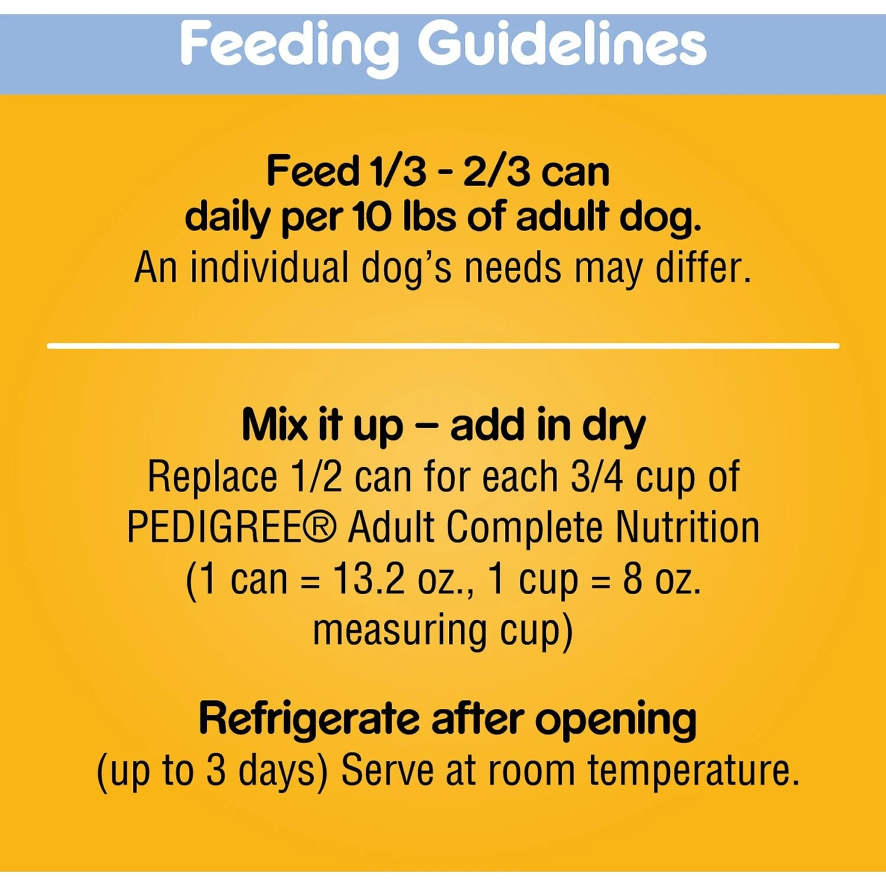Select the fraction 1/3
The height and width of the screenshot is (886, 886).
pyautogui.click(x=397, y=171)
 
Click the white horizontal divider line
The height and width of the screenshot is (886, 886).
pyautogui.click(x=443, y=346)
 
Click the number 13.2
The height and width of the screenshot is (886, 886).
pyautogui.click(x=369, y=578)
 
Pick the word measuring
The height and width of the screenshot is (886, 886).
pyautogui.click(x=399, y=631)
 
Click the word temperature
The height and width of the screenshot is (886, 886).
pyautogui.click(x=693, y=771)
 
